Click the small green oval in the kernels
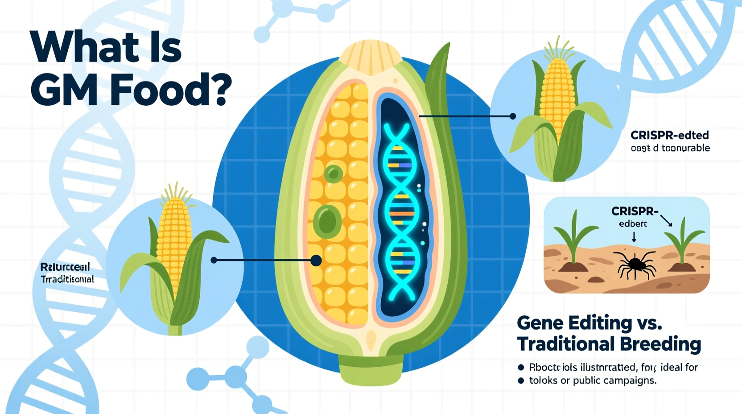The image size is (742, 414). (333, 174)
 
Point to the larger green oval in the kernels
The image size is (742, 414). (327, 221)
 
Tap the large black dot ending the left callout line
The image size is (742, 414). (316, 261)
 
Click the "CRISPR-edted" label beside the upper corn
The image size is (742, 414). (669, 135)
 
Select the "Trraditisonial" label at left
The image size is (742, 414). (67, 279)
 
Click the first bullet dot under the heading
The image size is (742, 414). (521, 368)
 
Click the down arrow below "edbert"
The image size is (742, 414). (634, 237)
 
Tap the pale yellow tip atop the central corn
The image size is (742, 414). (371, 57)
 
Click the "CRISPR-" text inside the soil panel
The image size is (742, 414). (635, 211)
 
